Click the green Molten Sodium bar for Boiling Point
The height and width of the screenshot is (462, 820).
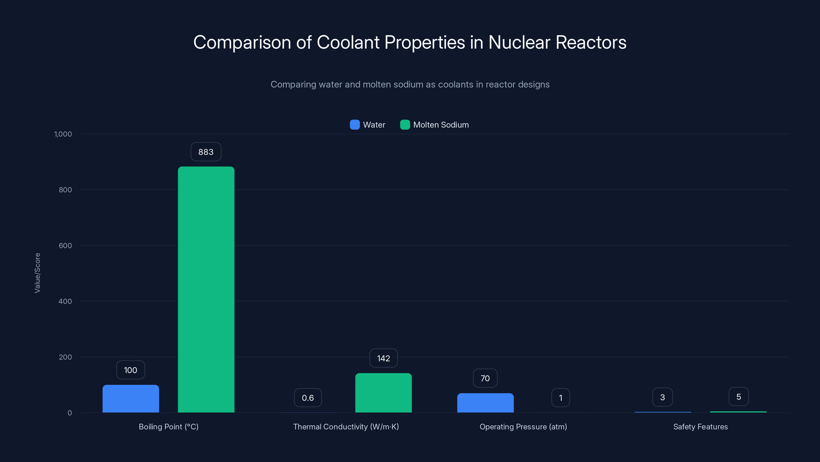click(x=206, y=289)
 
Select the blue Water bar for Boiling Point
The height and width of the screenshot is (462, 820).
click(x=130, y=399)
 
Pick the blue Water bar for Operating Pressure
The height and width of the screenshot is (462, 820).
click(x=485, y=403)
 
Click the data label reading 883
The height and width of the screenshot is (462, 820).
click(x=206, y=152)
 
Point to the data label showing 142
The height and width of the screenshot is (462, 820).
click(x=383, y=358)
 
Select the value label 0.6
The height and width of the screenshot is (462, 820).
click(x=307, y=398)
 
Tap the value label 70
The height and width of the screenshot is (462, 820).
click(x=485, y=378)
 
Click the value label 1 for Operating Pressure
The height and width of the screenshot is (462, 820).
click(x=560, y=398)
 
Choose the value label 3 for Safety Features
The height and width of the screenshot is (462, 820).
click(x=662, y=397)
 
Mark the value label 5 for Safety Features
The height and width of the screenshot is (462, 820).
click(x=739, y=397)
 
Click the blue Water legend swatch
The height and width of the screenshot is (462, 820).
click(x=355, y=125)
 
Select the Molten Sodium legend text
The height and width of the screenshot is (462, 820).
click(x=440, y=125)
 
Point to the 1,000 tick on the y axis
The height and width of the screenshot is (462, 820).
click(x=63, y=134)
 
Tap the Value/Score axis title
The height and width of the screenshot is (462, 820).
click(x=37, y=273)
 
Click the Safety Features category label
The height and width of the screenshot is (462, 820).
click(x=700, y=427)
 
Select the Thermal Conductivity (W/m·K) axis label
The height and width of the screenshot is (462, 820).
click(x=346, y=427)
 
